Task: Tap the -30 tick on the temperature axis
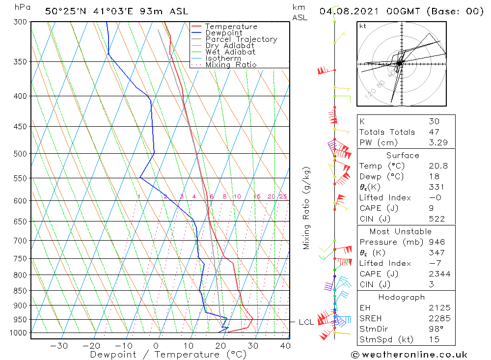59,346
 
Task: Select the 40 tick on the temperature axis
285,346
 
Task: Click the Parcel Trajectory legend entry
241,39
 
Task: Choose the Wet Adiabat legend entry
230,52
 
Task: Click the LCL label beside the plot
306,323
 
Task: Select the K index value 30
434,121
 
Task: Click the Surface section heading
402,156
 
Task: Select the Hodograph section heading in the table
402,297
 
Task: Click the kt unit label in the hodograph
363,26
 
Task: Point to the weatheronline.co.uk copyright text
409,355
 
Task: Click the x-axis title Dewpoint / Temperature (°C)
168,355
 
